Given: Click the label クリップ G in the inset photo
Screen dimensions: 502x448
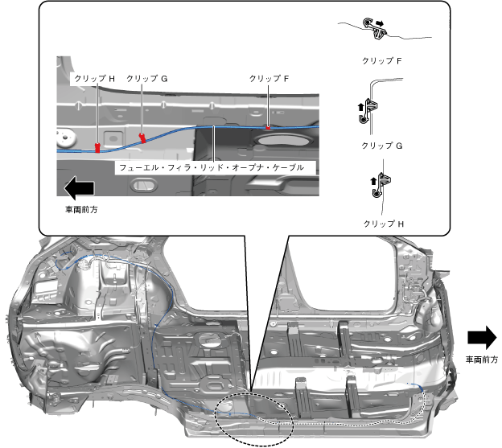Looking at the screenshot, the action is [x=147, y=79].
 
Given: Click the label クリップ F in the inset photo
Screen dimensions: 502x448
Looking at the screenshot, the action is [x=270, y=78].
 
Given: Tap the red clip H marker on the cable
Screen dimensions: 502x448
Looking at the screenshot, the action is [x=97, y=147].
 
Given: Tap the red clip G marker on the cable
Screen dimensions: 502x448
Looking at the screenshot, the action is [x=143, y=138].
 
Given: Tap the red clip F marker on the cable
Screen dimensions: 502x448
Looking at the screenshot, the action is [x=269, y=127].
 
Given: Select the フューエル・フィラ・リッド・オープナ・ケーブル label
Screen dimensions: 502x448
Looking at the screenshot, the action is [x=211, y=168].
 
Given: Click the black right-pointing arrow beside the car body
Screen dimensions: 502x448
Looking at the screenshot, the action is [x=482, y=336].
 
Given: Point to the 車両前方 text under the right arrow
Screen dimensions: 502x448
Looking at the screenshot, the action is [x=482, y=360].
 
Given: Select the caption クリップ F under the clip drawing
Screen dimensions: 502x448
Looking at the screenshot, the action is [x=382, y=60].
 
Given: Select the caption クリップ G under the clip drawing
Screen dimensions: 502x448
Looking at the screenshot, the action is [x=382, y=146].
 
